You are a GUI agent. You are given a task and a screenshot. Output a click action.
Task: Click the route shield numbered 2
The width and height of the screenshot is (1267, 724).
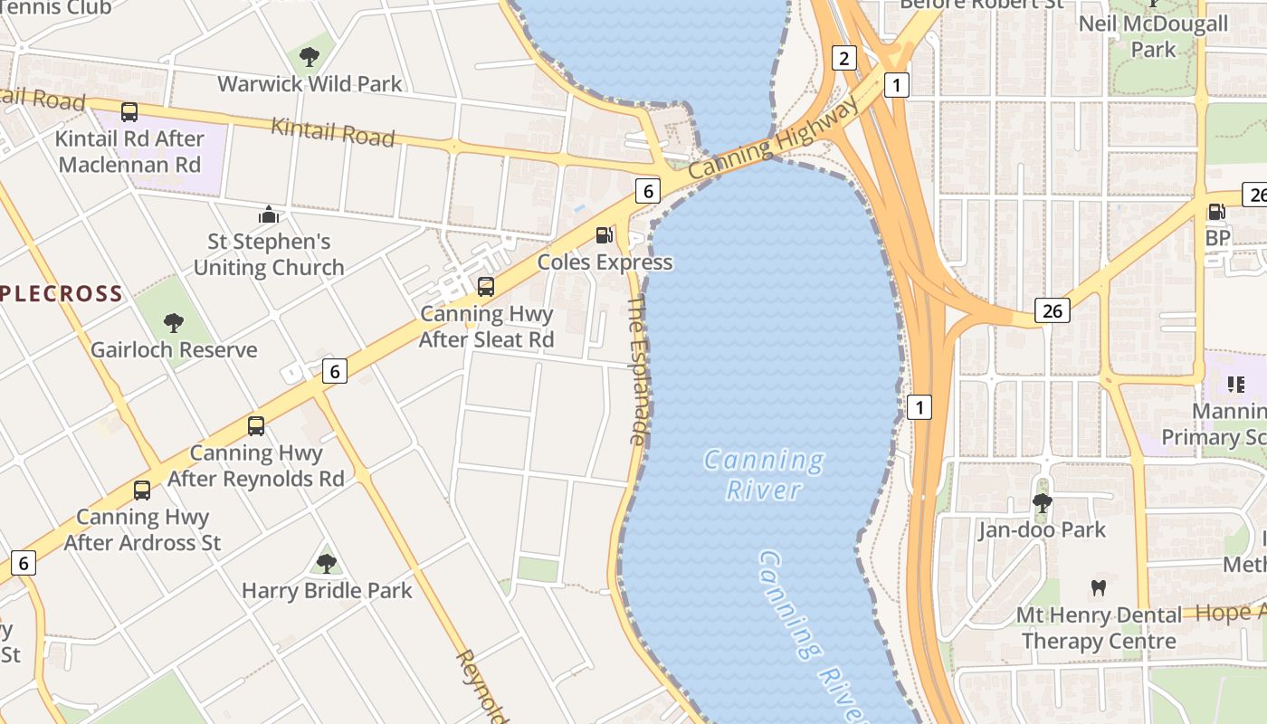843,59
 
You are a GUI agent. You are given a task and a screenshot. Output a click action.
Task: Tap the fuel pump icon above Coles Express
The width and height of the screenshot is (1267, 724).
604,235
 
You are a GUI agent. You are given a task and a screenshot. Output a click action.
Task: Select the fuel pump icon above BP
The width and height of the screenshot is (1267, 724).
1216,212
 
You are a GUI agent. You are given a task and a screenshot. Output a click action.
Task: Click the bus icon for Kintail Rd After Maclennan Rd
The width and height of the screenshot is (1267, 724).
129,112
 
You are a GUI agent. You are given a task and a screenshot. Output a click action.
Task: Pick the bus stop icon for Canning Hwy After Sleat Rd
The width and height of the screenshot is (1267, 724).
486,287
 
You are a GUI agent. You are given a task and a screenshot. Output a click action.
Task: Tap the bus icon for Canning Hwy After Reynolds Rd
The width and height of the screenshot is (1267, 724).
256,425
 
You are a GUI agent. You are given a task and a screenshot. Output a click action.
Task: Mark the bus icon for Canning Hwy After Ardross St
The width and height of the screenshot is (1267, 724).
142,491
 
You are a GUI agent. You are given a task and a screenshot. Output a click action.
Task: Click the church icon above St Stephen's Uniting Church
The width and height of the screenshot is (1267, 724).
269,214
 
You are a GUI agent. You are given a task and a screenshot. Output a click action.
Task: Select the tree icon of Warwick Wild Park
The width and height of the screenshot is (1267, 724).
310,57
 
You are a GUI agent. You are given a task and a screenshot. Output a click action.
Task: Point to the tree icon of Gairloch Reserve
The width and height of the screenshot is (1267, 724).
173,323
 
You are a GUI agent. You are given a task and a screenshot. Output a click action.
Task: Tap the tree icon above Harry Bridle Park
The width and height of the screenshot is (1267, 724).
327,564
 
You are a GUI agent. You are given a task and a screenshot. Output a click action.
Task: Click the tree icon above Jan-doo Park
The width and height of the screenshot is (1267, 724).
1042,502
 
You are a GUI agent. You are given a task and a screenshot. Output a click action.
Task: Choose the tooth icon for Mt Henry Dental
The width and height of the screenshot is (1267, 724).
1099,587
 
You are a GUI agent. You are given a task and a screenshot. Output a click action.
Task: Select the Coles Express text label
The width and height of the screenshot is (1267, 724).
605,262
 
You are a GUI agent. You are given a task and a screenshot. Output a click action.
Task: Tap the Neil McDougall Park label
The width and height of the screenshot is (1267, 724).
1153,36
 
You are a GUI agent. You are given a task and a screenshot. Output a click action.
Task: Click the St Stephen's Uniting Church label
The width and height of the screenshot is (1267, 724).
269,254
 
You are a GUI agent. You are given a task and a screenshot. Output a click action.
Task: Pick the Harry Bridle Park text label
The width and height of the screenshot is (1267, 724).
327,591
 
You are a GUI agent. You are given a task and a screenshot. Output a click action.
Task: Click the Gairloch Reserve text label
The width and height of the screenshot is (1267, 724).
174,349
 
